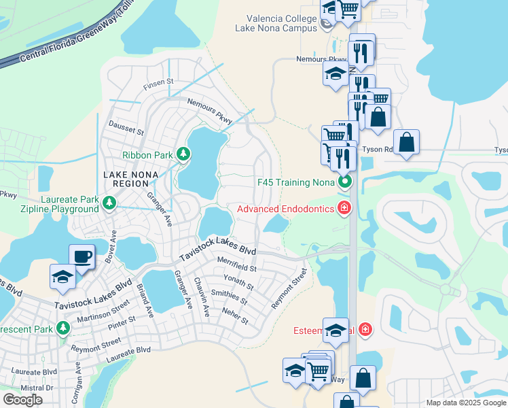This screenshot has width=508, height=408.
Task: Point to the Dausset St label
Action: [x=126, y=126]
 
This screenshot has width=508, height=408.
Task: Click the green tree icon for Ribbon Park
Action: [x=183, y=155]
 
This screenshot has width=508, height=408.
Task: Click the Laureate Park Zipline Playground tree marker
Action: [x=109, y=203]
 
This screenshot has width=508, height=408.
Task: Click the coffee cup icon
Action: [x=81, y=256]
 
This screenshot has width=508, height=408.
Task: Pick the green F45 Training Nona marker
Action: [x=345, y=182]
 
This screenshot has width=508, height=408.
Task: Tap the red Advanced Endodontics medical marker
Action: [x=345, y=208]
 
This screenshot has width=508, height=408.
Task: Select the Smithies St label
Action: [x=230, y=297]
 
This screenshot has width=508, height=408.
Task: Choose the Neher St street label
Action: [x=235, y=316]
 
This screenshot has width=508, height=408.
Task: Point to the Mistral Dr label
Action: [x=37, y=387]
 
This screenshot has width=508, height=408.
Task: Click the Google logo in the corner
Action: [x=22, y=400]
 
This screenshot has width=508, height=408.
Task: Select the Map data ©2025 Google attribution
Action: [x=466, y=403]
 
